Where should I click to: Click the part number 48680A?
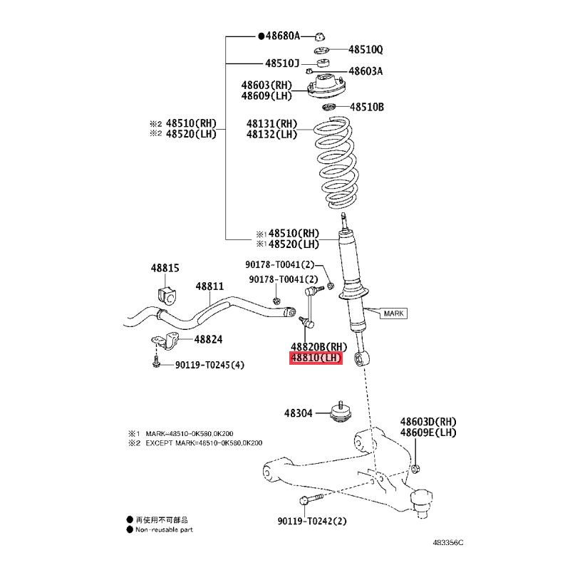click(x=283, y=36)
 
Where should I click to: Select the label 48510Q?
click(x=366, y=49)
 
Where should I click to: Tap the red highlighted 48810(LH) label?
click(x=316, y=358)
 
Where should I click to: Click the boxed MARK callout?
click(x=394, y=313)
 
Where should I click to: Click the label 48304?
click(x=298, y=413)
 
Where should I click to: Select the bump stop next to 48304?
click(x=341, y=413)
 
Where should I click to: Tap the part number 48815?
click(x=165, y=268)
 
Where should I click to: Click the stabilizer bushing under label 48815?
click(x=167, y=294)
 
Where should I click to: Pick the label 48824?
click(x=208, y=340)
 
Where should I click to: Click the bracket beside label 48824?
click(x=165, y=341)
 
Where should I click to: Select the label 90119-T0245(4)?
click(x=209, y=365)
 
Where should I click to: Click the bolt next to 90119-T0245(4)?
click(x=156, y=362)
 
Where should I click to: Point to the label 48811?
click(x=209, y=286)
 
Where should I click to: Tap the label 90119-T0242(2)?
click(x=312, y=521)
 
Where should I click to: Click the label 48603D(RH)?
click(x=428, y=422)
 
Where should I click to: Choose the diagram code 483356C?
click(x=448, y=543)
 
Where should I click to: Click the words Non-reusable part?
click(x=164, y=529)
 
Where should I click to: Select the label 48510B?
click(x=367, y=107)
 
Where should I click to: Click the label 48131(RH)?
click(x=271, y=123)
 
